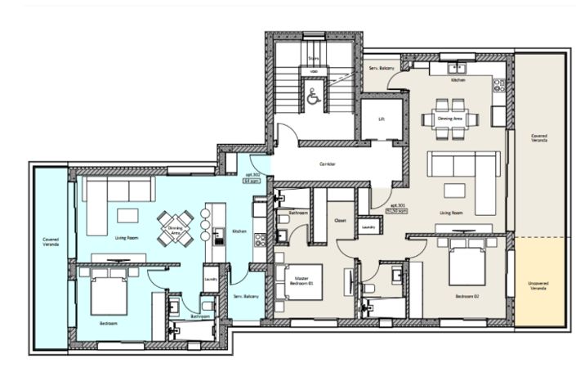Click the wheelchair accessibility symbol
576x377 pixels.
click(312, 96)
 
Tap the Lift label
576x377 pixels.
click(381, 119)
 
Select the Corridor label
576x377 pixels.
click(329, 164)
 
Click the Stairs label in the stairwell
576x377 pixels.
click(312, 59)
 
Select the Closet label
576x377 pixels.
click(342, 219)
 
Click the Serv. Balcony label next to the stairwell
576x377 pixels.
click(382, 67)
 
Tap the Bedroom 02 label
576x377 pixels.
click(467, 296)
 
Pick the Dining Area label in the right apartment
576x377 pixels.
click(450, 118)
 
